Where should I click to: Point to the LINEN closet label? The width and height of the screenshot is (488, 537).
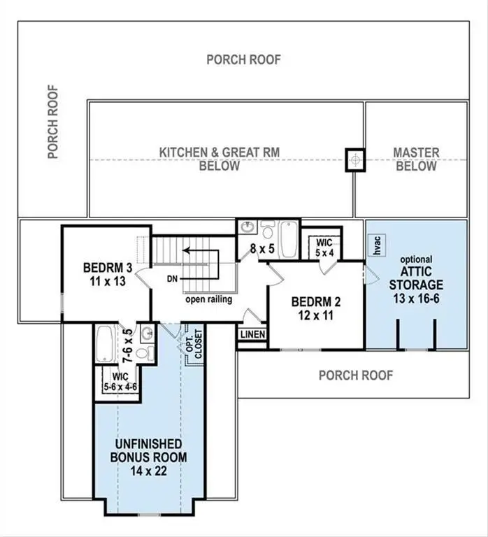click(252, 335)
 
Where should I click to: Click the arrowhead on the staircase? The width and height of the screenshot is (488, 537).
click(186, 249)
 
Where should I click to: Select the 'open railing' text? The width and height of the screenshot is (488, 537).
click(209, 300)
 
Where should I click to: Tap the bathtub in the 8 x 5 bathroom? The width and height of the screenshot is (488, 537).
click(288, 240)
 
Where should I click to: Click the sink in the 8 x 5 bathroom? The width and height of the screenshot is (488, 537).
click(246, 229)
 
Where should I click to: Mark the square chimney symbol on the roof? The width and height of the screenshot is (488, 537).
click(356, 159)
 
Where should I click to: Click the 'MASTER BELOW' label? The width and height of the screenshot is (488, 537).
click(416, 159)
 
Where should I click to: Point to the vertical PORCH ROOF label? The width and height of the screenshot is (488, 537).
click(53, 122)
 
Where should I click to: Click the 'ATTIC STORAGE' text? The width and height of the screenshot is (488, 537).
click(417, 279)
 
